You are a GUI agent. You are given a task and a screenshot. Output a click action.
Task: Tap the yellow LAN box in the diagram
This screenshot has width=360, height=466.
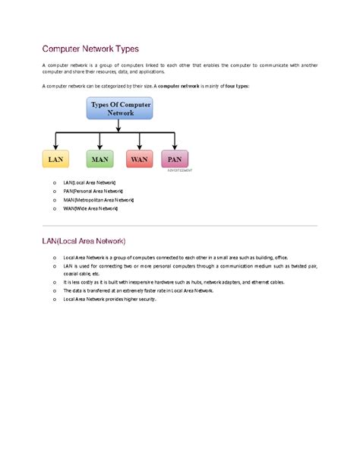55,160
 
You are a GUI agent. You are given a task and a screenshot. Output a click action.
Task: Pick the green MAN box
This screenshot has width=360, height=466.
99,160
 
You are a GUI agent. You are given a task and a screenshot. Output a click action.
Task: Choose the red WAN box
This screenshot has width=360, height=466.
139,160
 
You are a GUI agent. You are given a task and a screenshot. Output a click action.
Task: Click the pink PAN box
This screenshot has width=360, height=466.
175,160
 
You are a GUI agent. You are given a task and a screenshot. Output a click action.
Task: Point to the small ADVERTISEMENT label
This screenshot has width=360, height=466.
179,171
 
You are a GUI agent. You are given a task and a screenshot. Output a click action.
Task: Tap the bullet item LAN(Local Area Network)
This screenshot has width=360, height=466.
90,182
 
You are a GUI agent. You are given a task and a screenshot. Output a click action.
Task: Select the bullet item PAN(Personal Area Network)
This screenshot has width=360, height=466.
93,191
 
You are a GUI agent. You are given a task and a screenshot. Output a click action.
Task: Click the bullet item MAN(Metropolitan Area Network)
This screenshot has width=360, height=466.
99,199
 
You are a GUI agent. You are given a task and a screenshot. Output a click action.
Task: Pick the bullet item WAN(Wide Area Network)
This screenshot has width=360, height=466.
91,208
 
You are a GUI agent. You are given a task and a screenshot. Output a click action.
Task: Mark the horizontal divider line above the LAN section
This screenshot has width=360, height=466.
179,226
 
